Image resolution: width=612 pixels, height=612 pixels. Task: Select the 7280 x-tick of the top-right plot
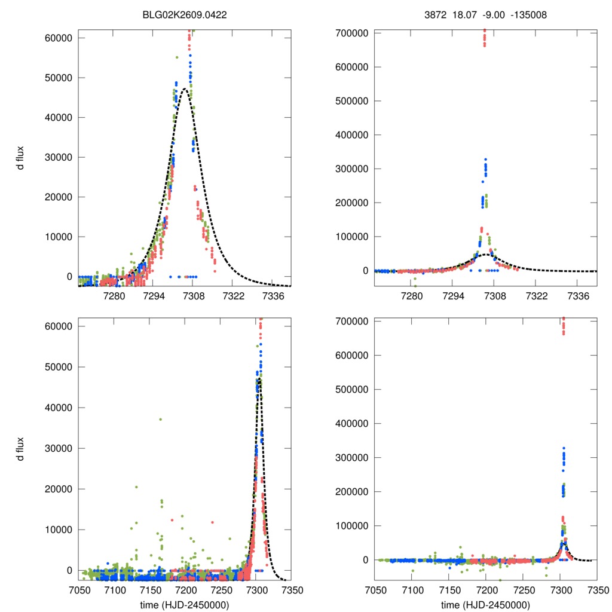[412, 296]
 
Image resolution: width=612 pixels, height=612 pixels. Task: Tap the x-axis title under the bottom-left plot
[185, 604]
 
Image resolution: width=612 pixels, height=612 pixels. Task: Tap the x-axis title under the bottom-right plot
[485, 604]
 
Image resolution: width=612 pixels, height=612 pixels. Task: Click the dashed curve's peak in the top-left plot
[185, 89]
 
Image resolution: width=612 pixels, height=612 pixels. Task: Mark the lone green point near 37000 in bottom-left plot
[160, 419]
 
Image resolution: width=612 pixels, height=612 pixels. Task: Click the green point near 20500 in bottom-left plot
[136, 487]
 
